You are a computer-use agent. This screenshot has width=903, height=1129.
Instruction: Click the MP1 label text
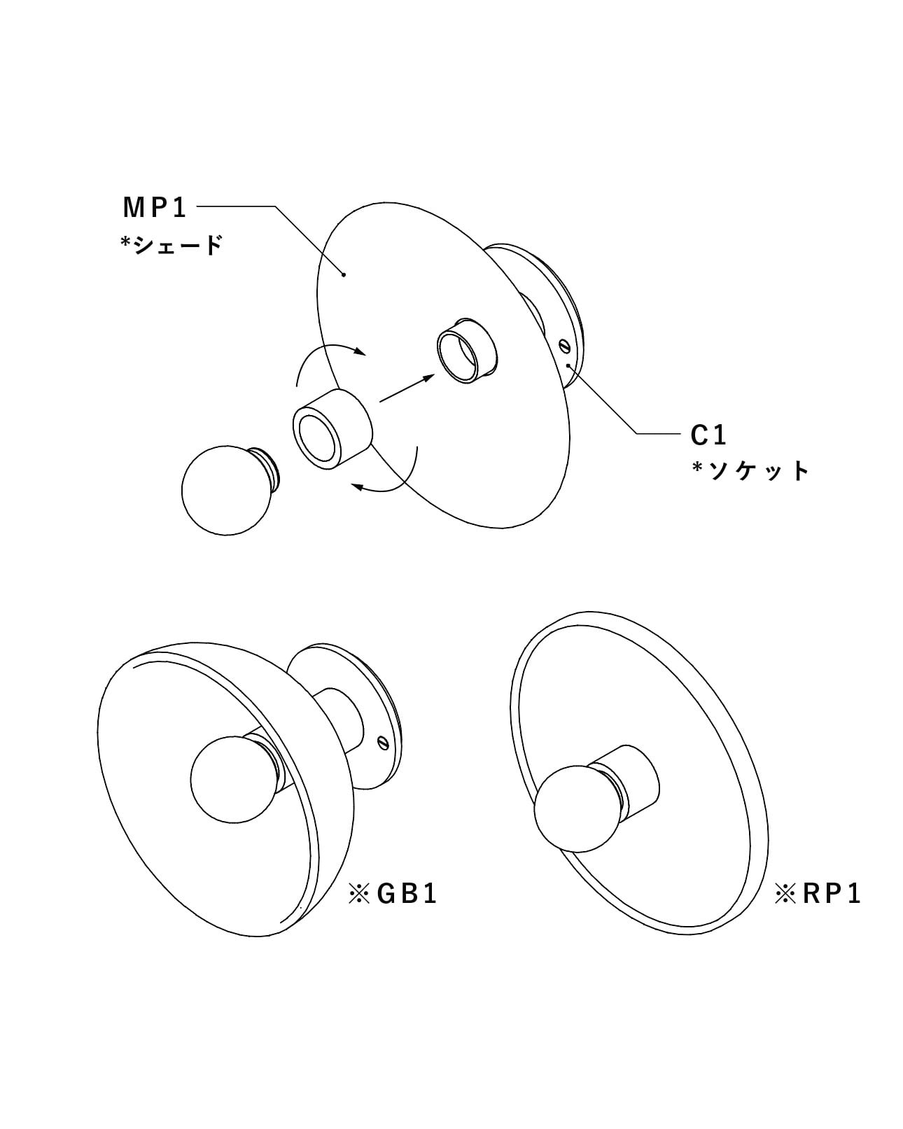154,207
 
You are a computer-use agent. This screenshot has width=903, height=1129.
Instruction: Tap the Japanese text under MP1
171,244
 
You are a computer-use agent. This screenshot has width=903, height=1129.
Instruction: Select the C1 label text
708,435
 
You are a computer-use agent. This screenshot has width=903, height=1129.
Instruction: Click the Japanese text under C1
751,470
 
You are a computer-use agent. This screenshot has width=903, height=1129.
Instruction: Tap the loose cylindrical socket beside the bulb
332,429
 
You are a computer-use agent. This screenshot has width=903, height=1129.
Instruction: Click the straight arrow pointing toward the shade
407,388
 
